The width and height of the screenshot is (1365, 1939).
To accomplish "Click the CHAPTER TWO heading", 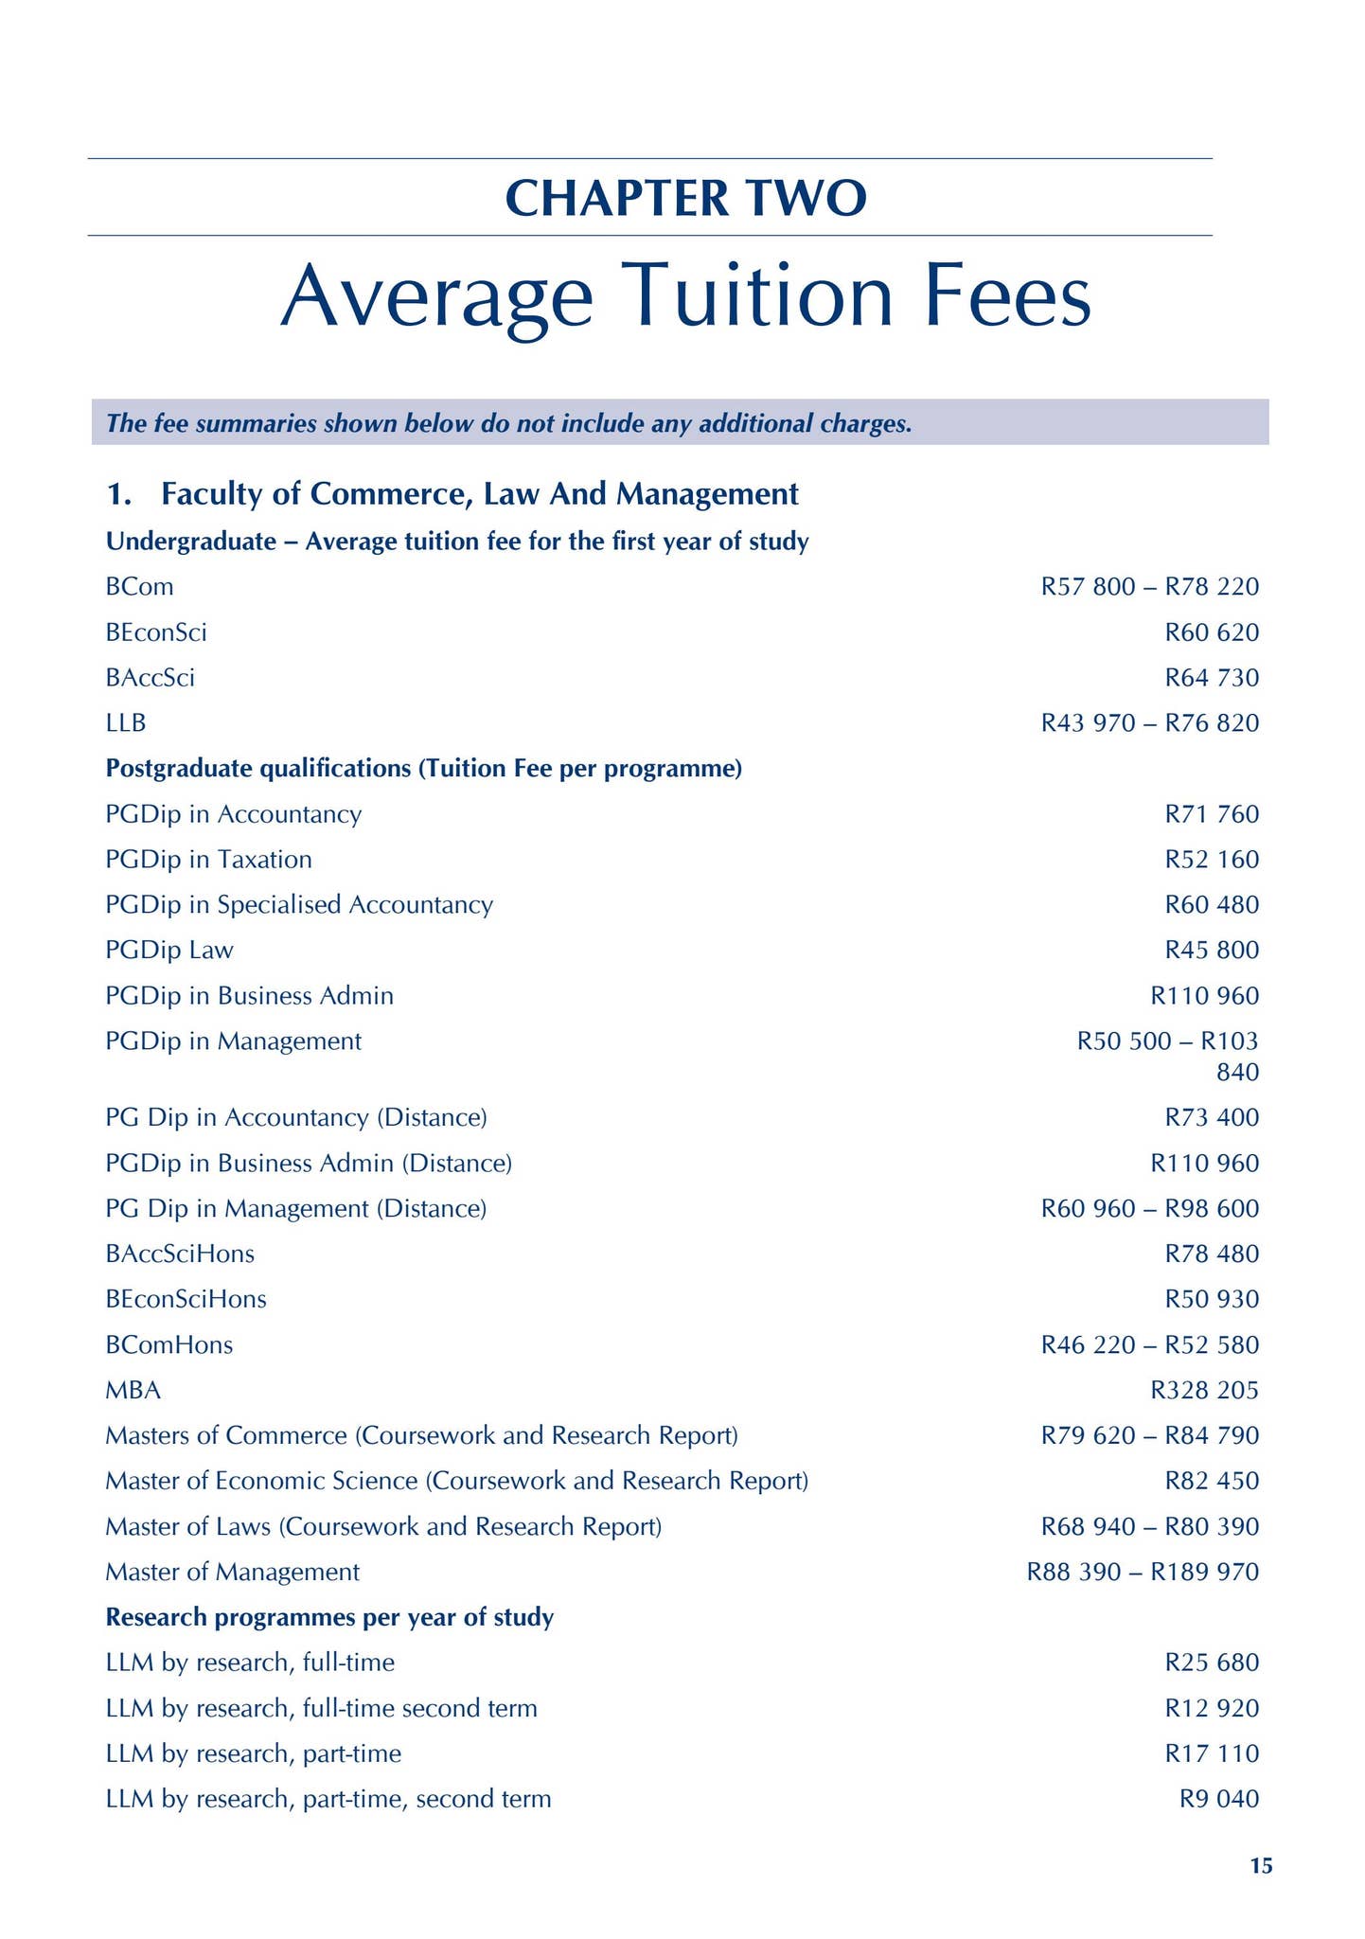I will [x=685, y=198].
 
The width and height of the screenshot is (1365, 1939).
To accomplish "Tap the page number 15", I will [x=1261, y=1866].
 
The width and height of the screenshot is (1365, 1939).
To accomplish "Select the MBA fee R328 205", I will [x=1204, y=1390].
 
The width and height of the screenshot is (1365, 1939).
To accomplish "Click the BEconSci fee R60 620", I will [x=1212, y=632].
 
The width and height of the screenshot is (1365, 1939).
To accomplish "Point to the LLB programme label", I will [x=126, y=723].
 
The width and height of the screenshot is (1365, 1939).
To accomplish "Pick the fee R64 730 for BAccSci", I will [x=1212, y=678].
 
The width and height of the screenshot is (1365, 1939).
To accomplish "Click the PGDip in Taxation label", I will [x=208, y=860].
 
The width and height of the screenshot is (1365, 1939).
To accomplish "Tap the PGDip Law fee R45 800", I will [x=1212, y=950].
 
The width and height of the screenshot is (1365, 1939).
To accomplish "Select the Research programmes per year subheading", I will [x=329, y=1617].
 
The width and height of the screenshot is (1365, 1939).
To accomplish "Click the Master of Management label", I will [x=232, y=1572].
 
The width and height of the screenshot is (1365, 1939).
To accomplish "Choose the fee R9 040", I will [x=1219, y=1799].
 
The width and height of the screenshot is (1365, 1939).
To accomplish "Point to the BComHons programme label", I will [x=169, y=1344].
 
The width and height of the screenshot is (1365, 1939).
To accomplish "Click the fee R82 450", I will [x=1212, y=1481].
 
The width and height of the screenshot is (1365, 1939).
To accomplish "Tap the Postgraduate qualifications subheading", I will [x=423, y=769].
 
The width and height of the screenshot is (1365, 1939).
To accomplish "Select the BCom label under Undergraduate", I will [x=140, y=587].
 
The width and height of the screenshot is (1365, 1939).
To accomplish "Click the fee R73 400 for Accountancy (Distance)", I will [x=1212, y=1117].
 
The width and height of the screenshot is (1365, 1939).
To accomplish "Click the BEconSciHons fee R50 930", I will [x=1212, y=1299].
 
